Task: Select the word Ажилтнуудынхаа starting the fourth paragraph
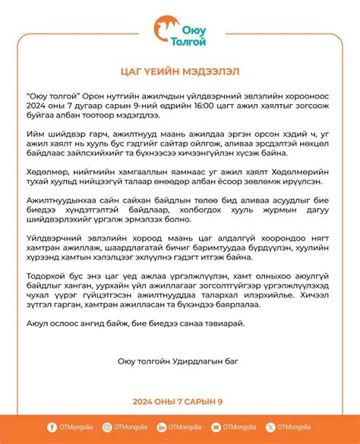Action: coord(64,216)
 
